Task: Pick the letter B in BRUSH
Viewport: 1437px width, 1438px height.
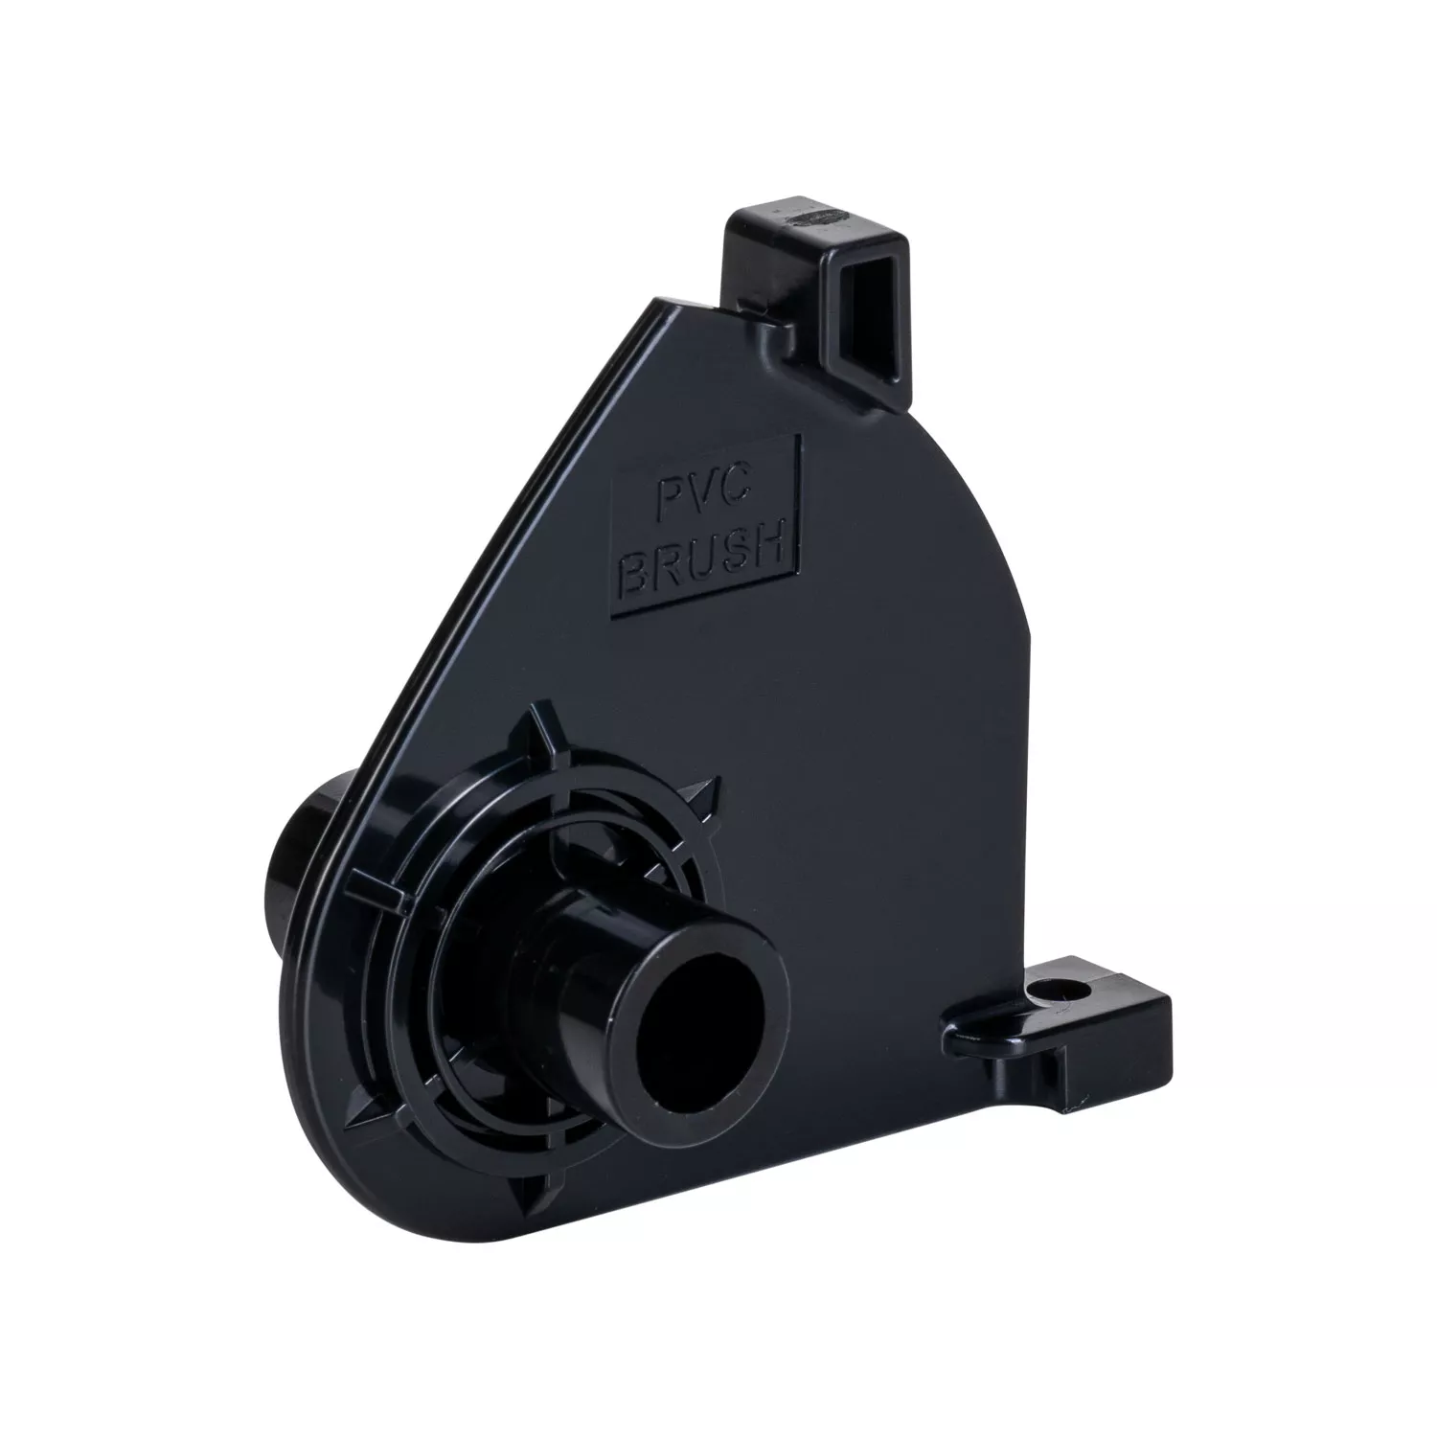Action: pos(638,573)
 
